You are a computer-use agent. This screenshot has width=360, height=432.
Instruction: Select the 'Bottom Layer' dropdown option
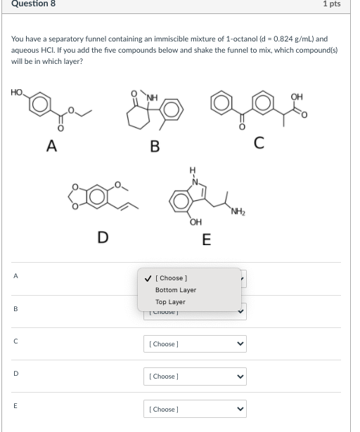175,290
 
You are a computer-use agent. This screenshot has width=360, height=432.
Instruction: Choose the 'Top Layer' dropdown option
170,302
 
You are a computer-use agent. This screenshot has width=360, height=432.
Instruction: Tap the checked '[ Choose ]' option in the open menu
170,278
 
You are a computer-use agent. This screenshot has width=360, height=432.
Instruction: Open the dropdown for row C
195,344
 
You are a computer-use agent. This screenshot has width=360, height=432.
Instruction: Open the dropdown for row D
195,377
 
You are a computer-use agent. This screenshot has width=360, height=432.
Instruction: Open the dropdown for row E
195,409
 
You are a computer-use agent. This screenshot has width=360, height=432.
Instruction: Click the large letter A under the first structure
51,145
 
